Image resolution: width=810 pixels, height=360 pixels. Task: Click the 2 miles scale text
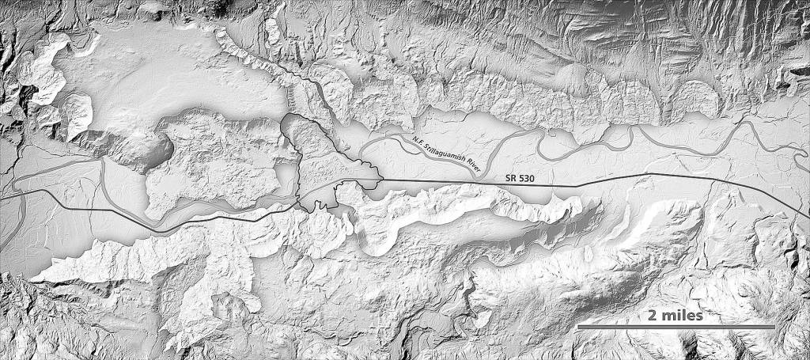pos(675,315)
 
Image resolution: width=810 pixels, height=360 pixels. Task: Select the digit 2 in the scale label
pos(652,315)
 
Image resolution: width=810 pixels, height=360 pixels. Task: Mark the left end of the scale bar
pos(577,326)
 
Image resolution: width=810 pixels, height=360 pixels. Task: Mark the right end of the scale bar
pos(774,326)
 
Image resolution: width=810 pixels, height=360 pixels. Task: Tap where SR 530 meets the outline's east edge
pos(379,179)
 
